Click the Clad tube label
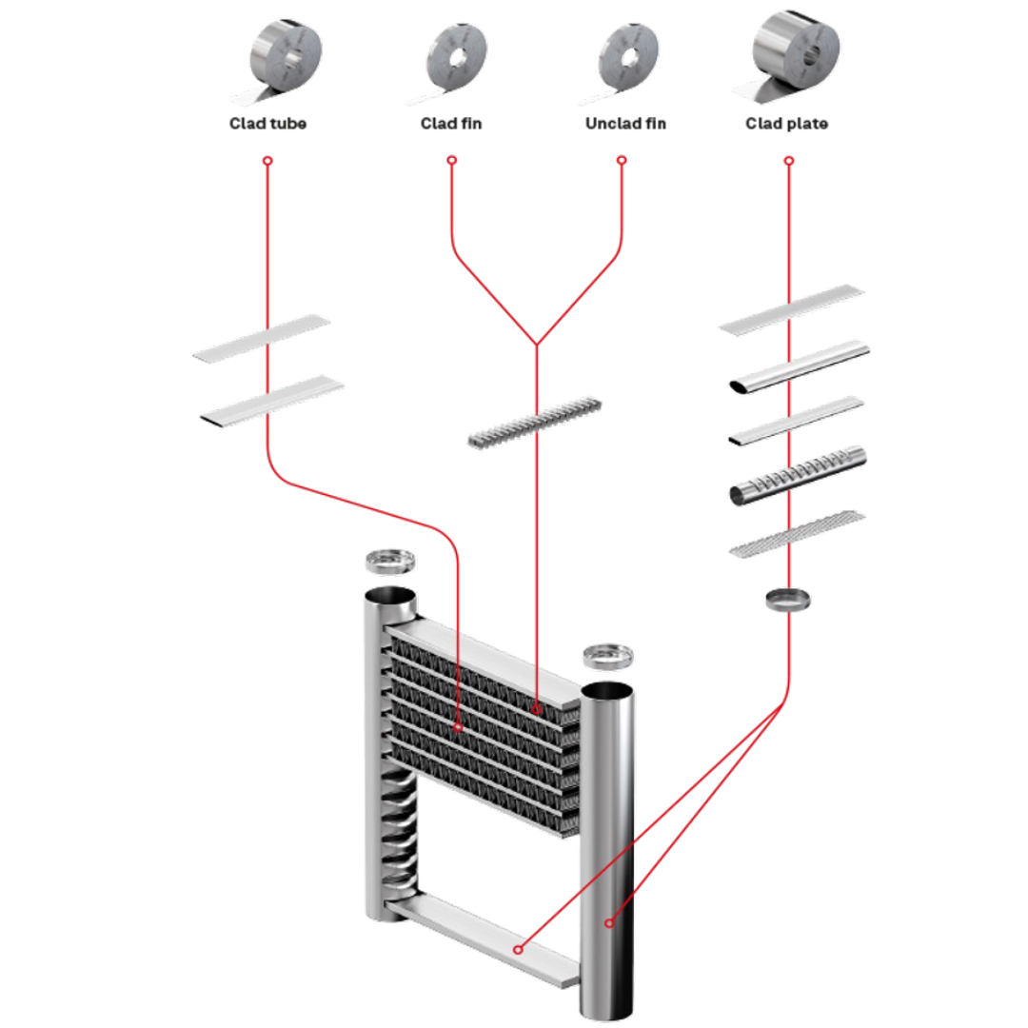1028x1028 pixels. [267, 124]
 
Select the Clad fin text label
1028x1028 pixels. [451, 124]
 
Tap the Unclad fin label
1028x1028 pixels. [624, 124]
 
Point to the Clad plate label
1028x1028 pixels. [787, 124]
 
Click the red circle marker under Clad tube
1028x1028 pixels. [267, 161]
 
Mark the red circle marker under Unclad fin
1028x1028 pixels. [622, 161]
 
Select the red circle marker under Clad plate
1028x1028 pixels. [788, 161]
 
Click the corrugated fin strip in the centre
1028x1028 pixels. [535, 421]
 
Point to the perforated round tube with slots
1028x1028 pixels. [798, 474]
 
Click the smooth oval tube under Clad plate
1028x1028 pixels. [798, 366]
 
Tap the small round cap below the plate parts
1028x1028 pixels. [788, 599]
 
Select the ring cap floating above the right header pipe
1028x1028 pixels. [607, 656]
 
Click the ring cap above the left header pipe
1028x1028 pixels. [390, 562]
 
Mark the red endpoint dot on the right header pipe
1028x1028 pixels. [609, 922]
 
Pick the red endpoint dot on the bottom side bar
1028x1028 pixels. [518, 949]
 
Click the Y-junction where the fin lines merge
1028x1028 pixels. [537, 344]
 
